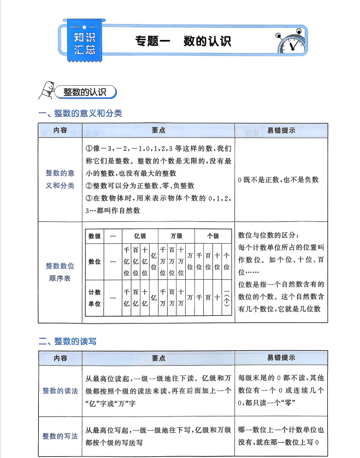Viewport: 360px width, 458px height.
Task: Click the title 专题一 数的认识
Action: (x=182, y=41)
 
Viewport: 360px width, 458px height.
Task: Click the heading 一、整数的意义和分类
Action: (x=80, y=113)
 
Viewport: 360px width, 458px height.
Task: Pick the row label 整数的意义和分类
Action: (x=60, y=179)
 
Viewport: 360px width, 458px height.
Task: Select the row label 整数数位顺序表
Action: (x=60, y=272)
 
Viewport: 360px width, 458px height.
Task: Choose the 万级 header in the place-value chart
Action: (x=176, y=236)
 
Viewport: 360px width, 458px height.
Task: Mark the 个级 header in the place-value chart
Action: (x=213, y=236)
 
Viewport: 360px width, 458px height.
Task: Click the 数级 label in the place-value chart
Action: (x=95, y=236)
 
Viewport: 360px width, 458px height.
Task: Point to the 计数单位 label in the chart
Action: (x=95, y=298)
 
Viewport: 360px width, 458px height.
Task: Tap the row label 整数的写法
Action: (x=60, y=436)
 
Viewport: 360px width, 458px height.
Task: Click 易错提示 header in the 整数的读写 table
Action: (x=281, y=358)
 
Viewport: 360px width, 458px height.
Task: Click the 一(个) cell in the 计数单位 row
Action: (x=226, y=298)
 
